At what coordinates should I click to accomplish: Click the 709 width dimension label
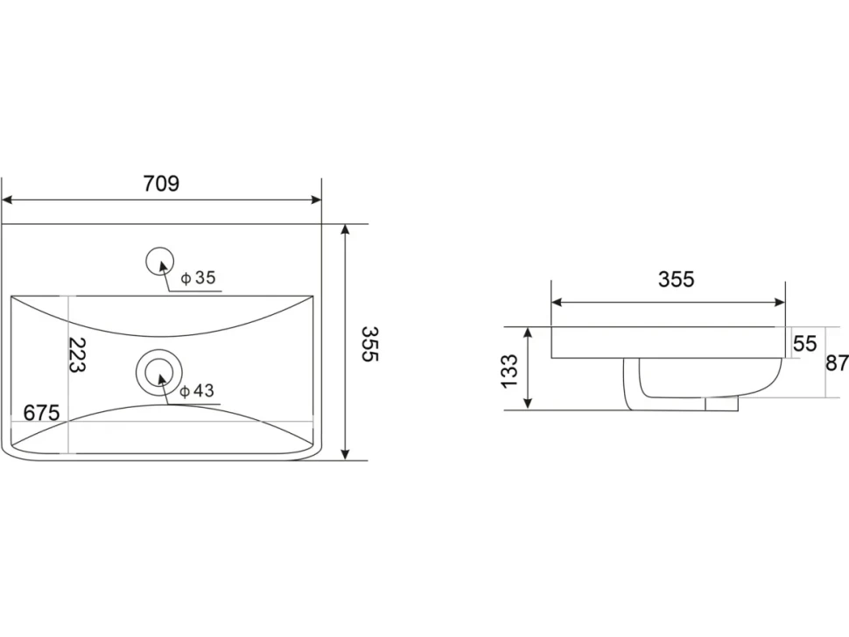coord(161,184)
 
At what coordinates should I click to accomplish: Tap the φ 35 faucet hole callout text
coord(198,277)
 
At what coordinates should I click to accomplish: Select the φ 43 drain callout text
coord(197,390)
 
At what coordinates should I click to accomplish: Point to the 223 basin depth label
coord(78,355)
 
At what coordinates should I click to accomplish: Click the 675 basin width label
coord(41,413)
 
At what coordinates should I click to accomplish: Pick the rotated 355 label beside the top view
coord(370,344)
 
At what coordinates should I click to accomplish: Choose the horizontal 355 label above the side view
coord(676,279)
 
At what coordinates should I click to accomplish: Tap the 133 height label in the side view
coord(509,371)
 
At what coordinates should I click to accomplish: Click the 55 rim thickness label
coord(804,343)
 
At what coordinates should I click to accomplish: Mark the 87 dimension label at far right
coord(837,362)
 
